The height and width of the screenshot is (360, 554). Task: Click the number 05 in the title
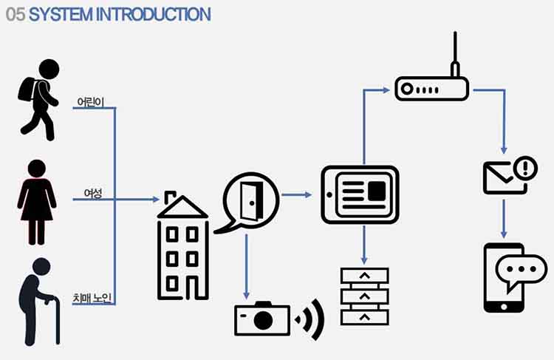[15, 14]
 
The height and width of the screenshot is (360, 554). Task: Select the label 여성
[92, 194]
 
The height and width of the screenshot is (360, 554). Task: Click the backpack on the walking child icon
[28, 90]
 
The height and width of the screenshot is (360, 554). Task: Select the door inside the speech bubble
[251, 197]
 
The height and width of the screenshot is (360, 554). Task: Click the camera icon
[261, 319]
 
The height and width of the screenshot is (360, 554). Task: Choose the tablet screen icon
[360, 194]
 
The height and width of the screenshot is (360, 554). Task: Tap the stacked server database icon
[364, 296]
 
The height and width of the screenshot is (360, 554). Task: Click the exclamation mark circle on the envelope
[525, 167]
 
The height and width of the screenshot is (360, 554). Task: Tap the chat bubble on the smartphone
[525, 271]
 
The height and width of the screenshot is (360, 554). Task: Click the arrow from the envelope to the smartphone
[505, 217]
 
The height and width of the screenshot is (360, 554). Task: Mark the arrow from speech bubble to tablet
[297, 195]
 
